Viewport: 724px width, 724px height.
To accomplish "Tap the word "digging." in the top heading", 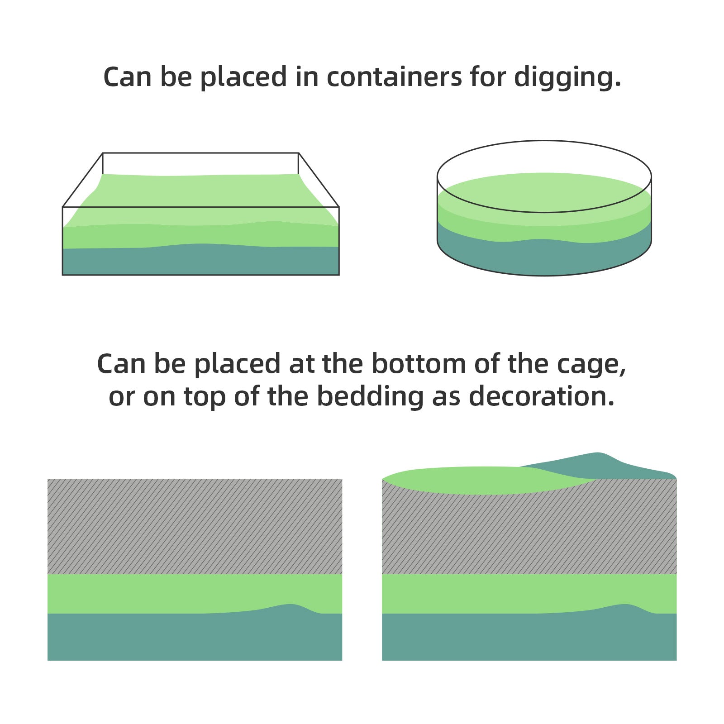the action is click(567, 77).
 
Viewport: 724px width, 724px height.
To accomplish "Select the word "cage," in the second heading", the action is click(591, 365).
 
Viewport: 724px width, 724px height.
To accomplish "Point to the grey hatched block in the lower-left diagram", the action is click(195, 526).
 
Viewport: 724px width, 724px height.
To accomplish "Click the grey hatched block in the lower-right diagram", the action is click(529, 532).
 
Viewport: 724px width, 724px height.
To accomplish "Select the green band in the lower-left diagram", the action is click(195, 593).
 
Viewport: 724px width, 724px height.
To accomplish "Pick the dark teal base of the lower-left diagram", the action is click(195, 635).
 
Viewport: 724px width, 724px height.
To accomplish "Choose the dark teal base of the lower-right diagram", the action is click(529, 635).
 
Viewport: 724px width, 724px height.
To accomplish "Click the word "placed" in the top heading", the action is click(243, 77).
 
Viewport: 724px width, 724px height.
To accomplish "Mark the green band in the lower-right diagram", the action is click(529, 593).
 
